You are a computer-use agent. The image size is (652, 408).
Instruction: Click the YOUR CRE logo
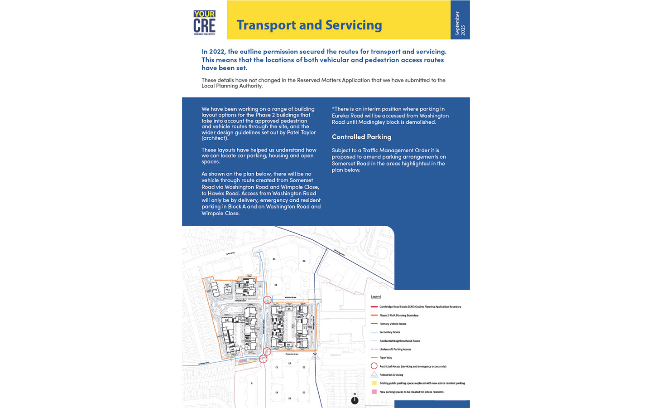pos(204,22)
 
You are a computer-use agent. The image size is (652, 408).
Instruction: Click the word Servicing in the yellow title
pos(354,25)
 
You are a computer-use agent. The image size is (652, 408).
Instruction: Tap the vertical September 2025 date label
pos(460,24)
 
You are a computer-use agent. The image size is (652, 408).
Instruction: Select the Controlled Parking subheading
pos(361,137)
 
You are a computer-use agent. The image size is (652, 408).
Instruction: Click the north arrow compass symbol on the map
pos(355,400)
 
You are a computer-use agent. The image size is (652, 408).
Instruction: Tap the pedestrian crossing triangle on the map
pos(315,357)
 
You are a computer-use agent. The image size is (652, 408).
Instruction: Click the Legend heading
pos(376,296)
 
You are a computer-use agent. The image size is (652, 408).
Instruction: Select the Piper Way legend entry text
pos(386,358)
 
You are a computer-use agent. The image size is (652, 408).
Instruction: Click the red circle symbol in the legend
pos(374,366)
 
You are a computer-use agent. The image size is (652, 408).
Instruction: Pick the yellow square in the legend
pos(374,383)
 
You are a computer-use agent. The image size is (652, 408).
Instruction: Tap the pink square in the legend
pos(374,392)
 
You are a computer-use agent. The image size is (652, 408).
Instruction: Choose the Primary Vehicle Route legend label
pos(393,324)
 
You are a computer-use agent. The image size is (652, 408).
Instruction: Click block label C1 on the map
pos(274,259)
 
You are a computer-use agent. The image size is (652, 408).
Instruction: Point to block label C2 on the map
pos(304,261)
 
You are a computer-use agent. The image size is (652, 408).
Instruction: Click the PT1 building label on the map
pos(215,290)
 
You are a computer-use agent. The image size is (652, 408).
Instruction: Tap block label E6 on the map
pos(290,398)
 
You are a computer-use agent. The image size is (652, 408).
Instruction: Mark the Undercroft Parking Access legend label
pos(395,349)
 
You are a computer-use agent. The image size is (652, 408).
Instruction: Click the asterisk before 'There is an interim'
pos(333,108)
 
